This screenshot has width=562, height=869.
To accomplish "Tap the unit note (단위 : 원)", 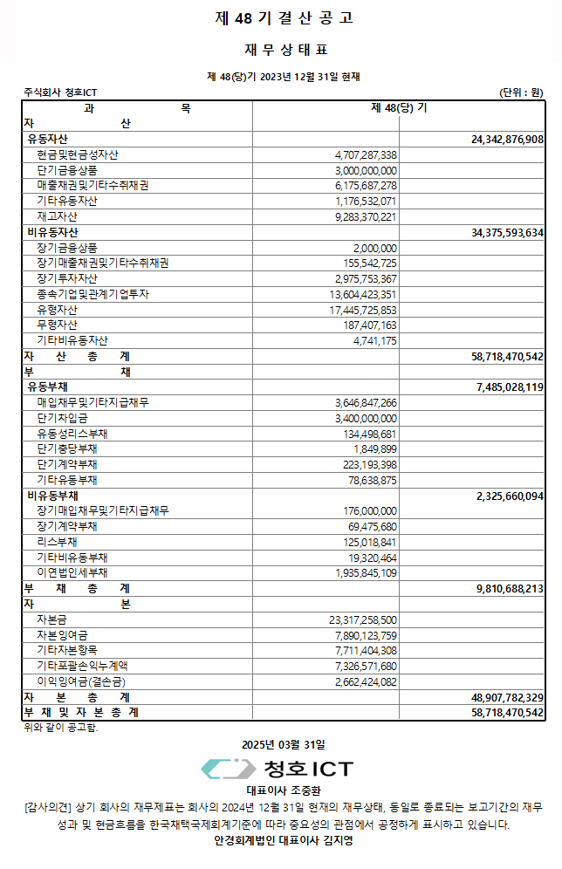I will (x=521, y=92).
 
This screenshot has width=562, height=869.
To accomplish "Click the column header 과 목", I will (x=137, y=108).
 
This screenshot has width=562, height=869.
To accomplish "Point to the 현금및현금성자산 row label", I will (x=78, y=154).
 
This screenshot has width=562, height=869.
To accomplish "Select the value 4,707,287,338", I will (x=366, y=154).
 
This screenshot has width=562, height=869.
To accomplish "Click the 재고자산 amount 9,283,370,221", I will (x=366, y=216).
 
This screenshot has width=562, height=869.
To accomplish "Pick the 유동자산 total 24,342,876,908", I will (x=507, y=140).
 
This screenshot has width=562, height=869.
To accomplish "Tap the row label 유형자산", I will (x=57, y=310).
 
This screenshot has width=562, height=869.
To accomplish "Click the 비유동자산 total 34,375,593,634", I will (x=507, y=232).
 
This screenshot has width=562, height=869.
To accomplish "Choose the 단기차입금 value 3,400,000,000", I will (x=366, y=418).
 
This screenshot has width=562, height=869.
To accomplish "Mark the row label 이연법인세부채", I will (x=72, y=572).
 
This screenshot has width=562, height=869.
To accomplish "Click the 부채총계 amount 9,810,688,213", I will (x=510, y=588).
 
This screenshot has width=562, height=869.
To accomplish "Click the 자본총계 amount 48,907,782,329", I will (x=507, y=697).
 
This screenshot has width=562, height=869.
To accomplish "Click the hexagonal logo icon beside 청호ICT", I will (x=229, y=769).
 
